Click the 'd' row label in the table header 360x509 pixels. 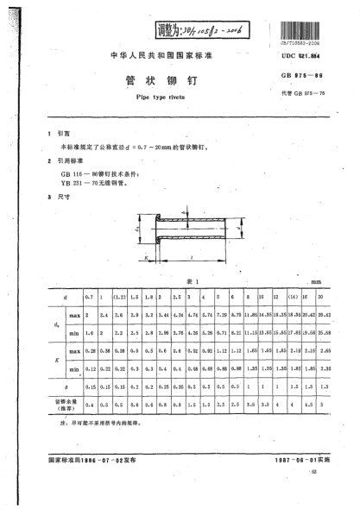(x=65, y=297)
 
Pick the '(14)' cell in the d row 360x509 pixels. (x=293, y=297)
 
